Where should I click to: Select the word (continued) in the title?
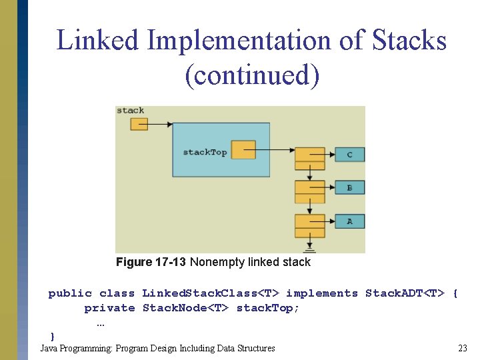tap(252, 75)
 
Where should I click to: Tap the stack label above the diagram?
tap(130, 111)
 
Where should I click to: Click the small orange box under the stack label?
tap(139, 123)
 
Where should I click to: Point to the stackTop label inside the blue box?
tap(205, 152)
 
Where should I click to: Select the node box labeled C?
tap(349, 155)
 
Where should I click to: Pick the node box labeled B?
tap(349, 188)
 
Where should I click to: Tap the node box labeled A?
tap(349, 221)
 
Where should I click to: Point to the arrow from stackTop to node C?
tap(273, 150)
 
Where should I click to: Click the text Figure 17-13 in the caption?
tap(151, 262)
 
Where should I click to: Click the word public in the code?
tap(70, 293)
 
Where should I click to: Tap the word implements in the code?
tap(322, 293)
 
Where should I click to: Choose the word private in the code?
tap(109, 308)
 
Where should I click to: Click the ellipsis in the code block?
tap(101, 323)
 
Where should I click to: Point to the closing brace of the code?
tap(53, 335)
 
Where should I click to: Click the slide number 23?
tap(463, 348)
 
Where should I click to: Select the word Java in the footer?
tap(48, 348)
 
